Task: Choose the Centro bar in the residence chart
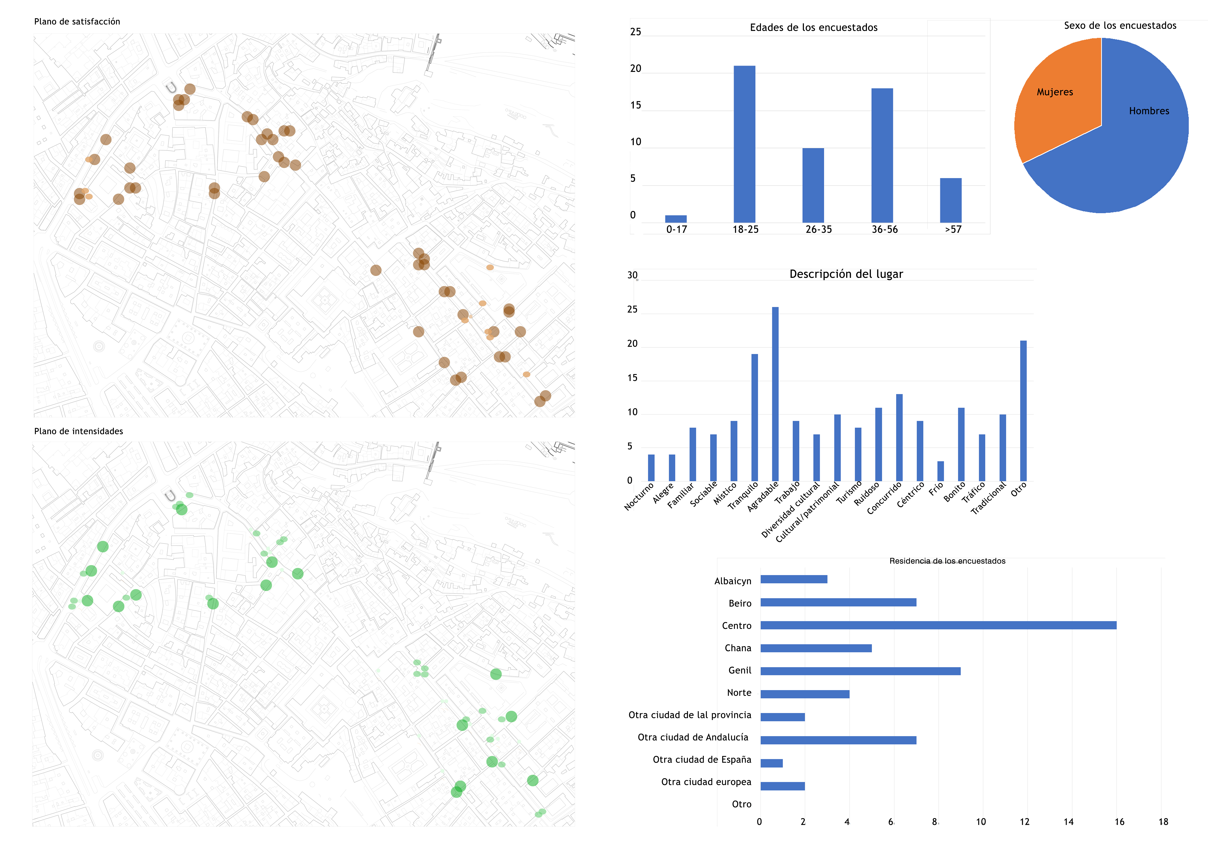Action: pos(938,625)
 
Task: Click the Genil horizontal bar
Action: pos(860,671)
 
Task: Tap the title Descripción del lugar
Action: pos(846,274)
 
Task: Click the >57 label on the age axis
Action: pos(953,229)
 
